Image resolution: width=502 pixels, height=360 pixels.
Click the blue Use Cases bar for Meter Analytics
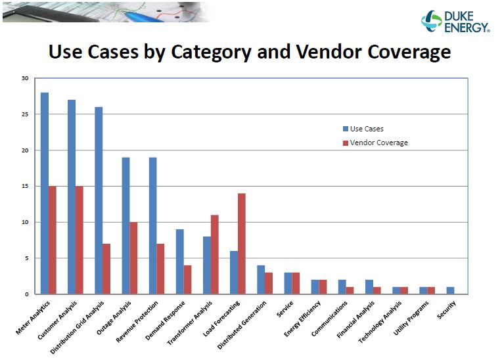coord(45,193)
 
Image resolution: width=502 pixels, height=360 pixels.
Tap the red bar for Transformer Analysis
coord(215,254)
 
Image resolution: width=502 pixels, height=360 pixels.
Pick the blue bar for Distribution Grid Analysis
coord(99,200)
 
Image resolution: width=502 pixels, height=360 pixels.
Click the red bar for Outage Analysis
coord(133,258)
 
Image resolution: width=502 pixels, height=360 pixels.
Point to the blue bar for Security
coord(450,290)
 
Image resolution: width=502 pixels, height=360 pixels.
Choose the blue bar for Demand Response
coord(180,261)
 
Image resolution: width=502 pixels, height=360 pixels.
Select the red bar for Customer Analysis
coord(80,240)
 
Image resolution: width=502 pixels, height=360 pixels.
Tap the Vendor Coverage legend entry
coord(375,143)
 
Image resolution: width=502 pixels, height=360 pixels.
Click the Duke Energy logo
coord(455,21)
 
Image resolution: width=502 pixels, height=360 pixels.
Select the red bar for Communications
coord(350,290)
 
